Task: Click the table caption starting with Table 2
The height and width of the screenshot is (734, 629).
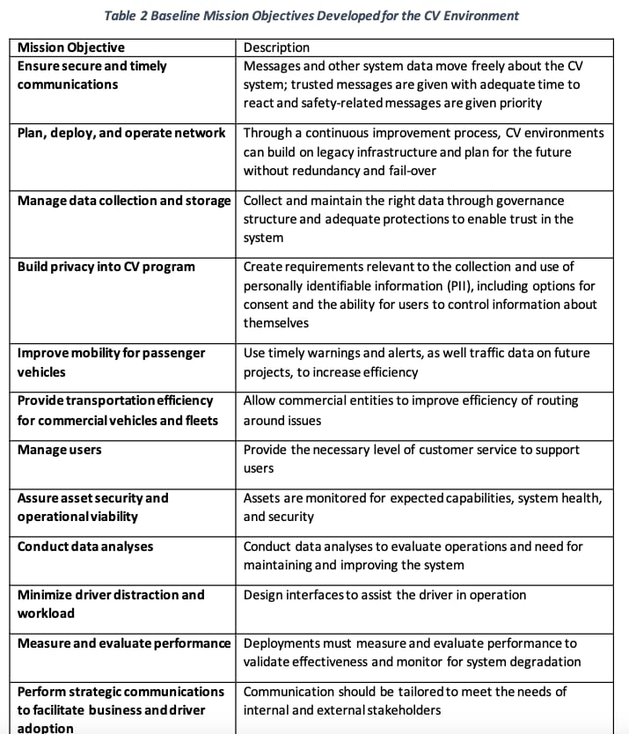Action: [311, 16]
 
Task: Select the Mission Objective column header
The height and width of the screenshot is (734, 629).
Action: [71, 48]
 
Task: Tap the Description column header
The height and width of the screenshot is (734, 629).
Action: [276, 48]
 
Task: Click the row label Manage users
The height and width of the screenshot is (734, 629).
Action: [60, 450]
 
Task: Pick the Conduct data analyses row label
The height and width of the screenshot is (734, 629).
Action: [85, 547]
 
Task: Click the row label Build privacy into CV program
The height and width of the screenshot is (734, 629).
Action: [106, 266]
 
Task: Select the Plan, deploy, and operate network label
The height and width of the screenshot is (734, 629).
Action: [121, 133]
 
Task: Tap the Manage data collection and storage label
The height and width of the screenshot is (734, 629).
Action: [124, 200]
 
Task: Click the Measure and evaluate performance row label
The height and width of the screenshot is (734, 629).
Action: [124, 643]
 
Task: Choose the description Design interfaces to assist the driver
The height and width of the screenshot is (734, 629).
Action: [384, 595]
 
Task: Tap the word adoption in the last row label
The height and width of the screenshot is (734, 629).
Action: [46, 728]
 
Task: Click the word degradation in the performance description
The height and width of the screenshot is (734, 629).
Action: [542, 662]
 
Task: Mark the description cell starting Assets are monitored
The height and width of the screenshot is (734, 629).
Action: [422, 508]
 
